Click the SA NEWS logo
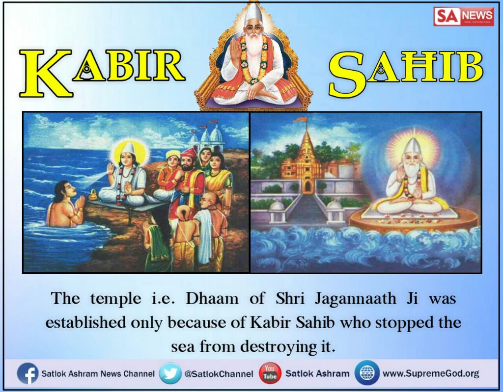[463, 17]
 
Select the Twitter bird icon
[170, 373]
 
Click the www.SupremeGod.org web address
[430, 374]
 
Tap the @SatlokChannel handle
[219, 374]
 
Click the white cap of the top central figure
[251, 14]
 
